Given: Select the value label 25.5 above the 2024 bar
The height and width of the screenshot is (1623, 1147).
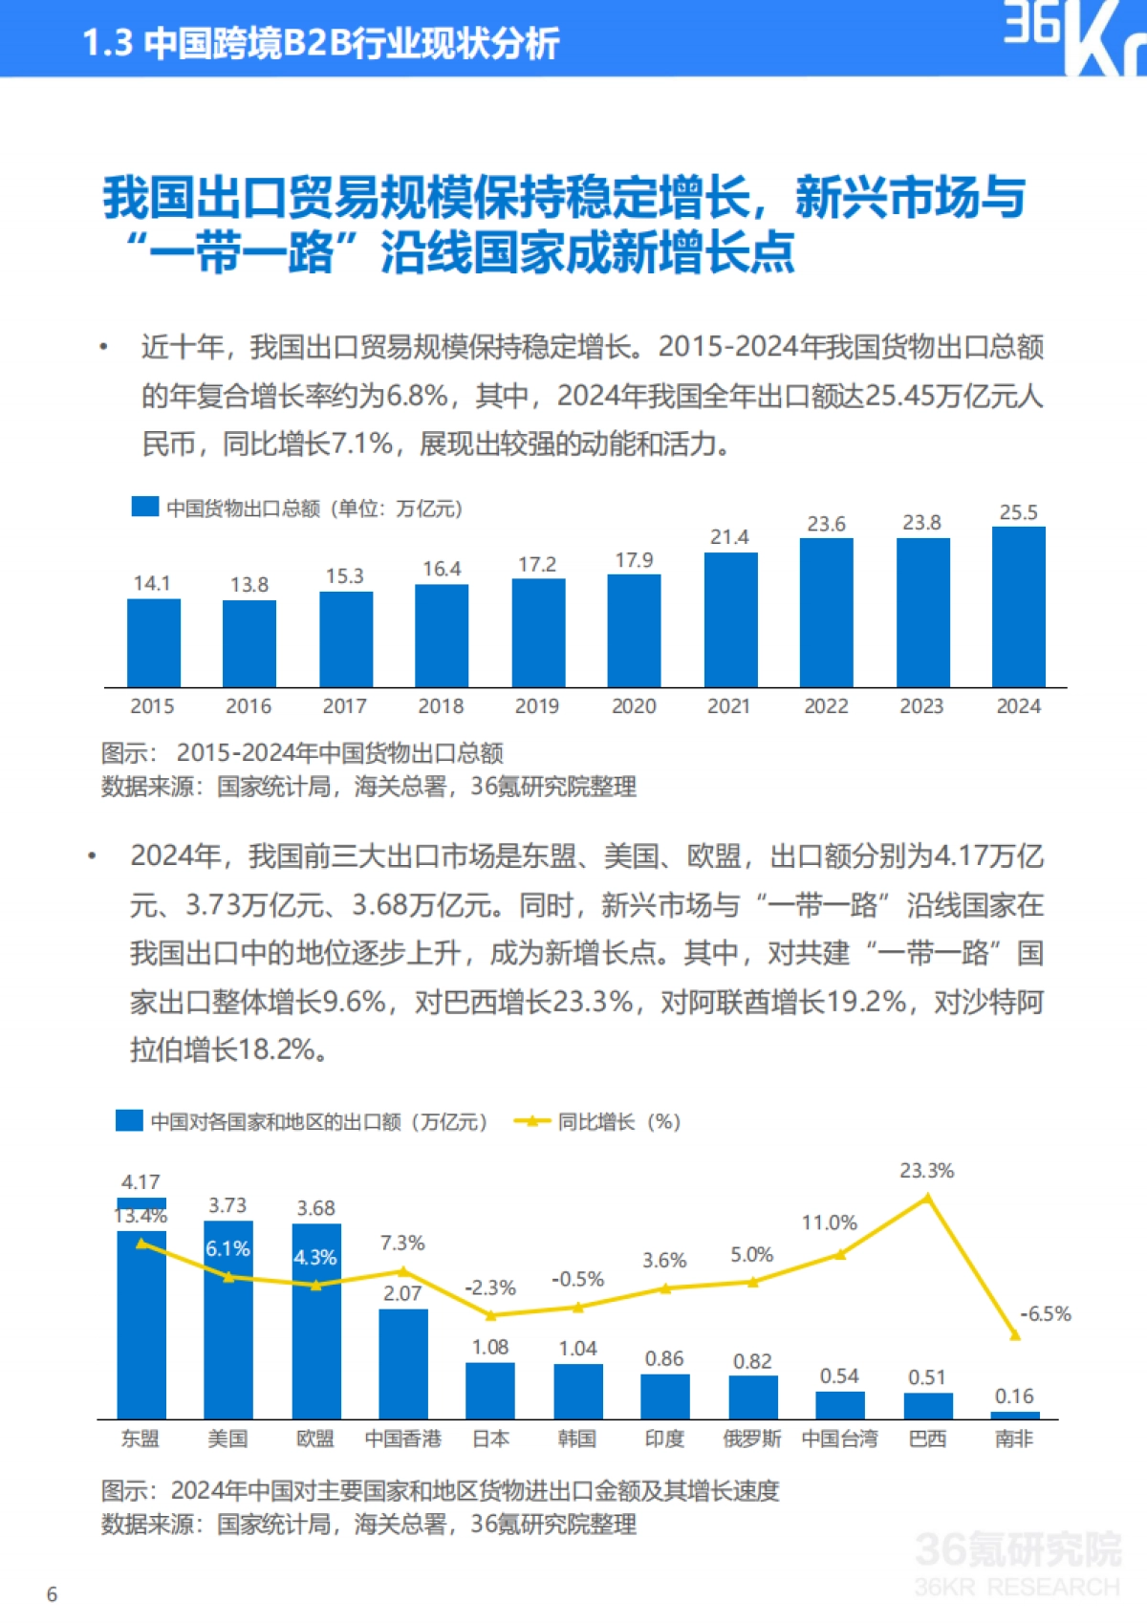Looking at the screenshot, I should coord(1018,512).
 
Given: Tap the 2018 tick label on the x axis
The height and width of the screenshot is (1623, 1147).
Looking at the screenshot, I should coord(441,706).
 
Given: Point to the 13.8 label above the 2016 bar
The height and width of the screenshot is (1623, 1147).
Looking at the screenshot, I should coord(249,584).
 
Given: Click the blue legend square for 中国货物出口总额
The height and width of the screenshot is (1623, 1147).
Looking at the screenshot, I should coord(144,507).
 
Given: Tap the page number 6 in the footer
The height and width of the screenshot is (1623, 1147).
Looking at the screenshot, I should coord(52,1594).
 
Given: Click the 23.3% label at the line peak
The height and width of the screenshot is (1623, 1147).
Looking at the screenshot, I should coord(926,1171).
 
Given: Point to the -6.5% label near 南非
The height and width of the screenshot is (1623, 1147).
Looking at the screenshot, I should coord(1045,1313).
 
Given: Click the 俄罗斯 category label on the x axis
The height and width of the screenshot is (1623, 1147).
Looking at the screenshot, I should coord(751,1439).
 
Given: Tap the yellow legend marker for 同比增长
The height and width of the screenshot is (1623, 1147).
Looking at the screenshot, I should coord(531,1121).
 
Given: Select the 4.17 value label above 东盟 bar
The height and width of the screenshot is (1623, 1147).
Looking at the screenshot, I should coord(141,1182).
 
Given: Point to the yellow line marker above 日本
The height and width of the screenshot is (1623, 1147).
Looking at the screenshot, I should coord(490,1316).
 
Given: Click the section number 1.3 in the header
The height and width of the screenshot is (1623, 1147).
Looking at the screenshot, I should coord(106,43).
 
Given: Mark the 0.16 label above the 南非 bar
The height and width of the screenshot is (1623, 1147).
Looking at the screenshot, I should coord(1014,1396).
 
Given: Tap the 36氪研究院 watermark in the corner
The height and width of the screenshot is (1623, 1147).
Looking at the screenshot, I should coord(1017,1548).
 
